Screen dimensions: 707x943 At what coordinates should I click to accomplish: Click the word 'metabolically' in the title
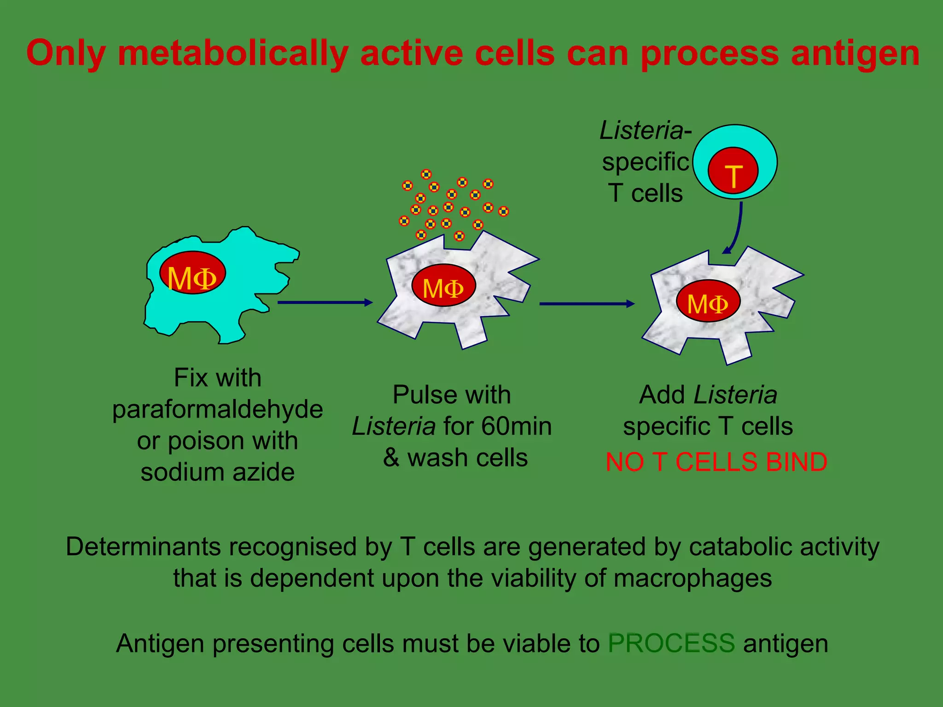pyautogui.click(x=233, y=54)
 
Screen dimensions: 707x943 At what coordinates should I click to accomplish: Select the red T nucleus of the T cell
pyautogui.click(x=733, y=171)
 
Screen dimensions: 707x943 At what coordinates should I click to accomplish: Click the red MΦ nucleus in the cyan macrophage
pyautogui.click(x=192, y=272)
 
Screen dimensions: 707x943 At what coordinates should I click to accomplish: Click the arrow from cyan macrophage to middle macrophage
pyautogui.click(x=325, y=302)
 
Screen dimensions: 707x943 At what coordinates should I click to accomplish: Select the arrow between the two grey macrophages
pyautogui.click(x=587, y=304)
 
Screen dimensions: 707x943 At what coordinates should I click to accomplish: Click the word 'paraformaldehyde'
pyautogui.click(x=217, y=409)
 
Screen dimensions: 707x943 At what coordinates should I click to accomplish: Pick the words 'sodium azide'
pyautogui.click(x=217, y=472)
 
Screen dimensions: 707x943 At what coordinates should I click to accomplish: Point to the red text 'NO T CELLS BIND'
pyautogui.click(x=716, y=462)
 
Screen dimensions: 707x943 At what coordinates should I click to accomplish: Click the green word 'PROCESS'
pyautogui.click(x=671, y=643)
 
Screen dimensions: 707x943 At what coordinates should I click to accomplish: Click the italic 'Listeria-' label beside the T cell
pyautogui.click(x=645, y=130)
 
